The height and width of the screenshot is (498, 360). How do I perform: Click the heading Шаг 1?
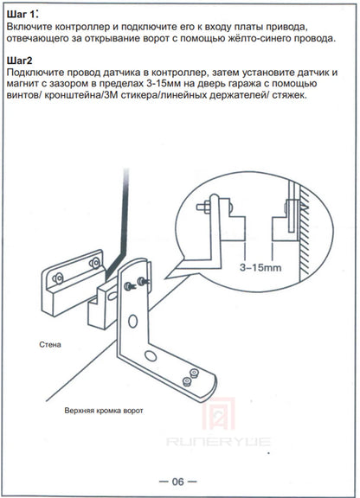coord(22,15)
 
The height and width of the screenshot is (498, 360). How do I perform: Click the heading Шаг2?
coord(19,61)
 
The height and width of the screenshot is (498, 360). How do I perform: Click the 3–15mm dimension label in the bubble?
coord(260,267)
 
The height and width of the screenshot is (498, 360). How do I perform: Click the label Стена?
coord(50,345)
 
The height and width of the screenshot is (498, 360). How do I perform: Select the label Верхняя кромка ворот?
coord(104,411)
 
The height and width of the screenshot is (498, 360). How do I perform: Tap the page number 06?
coord(178,482)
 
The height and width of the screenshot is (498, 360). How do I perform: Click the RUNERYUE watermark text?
coord(218,442)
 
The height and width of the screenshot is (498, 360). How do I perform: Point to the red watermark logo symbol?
coord(219,415)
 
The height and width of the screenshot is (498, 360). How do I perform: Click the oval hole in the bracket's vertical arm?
coord(132,322)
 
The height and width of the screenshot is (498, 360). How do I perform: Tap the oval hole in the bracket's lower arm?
coord(151,356)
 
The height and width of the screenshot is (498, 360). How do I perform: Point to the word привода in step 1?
coord(286,28)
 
